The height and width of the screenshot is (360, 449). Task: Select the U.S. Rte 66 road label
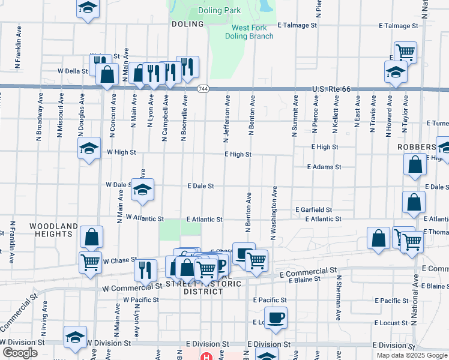point(331,89)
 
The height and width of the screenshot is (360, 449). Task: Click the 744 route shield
point(203,89)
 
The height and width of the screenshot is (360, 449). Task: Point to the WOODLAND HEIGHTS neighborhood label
point(54,230)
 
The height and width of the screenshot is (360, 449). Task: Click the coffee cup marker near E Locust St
point(276,317)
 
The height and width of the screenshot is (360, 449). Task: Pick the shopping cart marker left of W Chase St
point(90,262)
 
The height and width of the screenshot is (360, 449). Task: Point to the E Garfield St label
point(313,210)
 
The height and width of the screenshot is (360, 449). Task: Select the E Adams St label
point(324,167)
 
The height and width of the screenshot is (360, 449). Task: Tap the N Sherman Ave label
point(339,297)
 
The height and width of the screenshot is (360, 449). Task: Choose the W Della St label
point(73,71)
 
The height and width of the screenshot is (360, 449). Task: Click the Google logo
point(20,353)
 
